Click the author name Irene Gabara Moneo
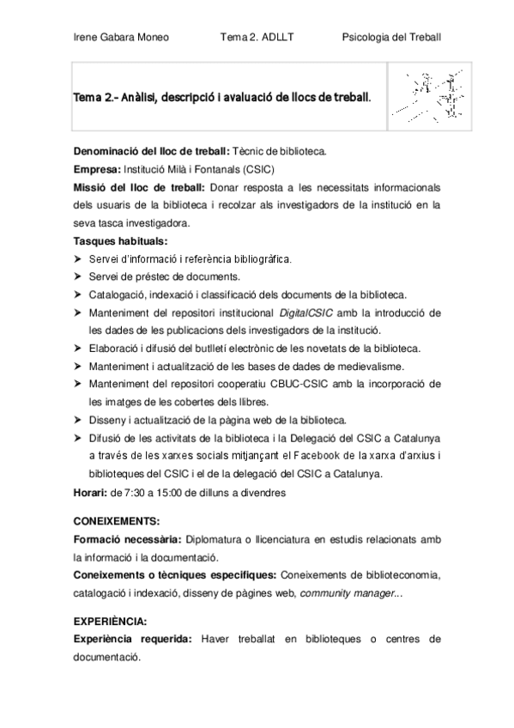point(121,37)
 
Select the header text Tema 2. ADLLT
point(256,37)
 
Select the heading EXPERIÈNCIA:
point(110,620)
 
